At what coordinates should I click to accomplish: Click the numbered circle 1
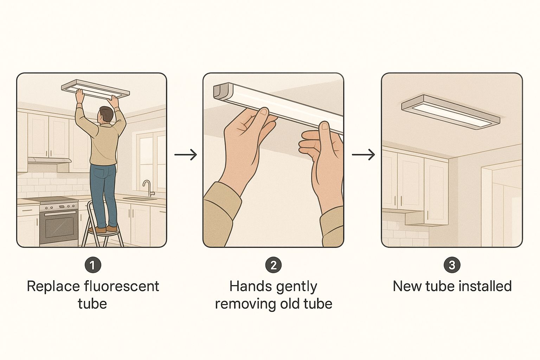pyautogui.click(x=93, y=265)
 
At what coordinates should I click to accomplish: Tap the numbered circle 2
pyautogui.click(x=274, y=265)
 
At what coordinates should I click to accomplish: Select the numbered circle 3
pyautogui.click(x=452, y=265)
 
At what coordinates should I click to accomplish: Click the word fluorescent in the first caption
pyautogui.click(x=122, y=287)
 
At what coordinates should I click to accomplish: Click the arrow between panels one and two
pyautogui.click(x=185, y=154)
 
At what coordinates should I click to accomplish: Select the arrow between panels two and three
pyautogui.click(x=363, y=154)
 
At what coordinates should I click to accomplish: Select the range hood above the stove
pyautogui.click(x=50, y=161)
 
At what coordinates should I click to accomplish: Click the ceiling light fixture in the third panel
pyautogui.click(x=450, y=112)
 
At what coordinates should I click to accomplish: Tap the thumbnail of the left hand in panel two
pyautogui.click(x=264, y=111)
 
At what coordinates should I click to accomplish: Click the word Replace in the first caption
pyautogui.click(x=53, y=287)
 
